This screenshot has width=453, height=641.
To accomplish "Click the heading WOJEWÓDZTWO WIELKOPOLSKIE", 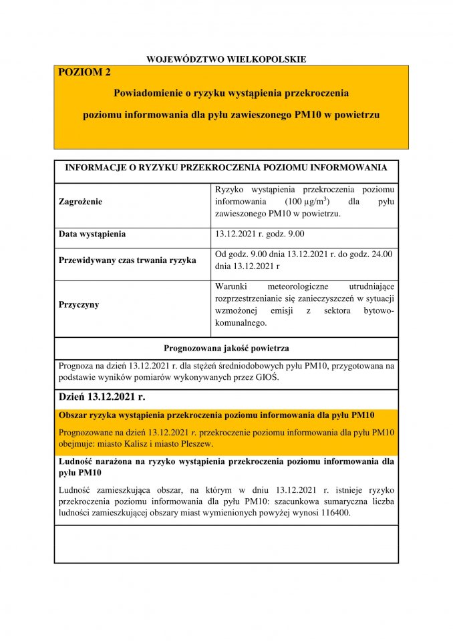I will [x=226, y=59].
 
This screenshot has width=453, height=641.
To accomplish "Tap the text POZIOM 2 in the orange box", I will [x=85, y=73].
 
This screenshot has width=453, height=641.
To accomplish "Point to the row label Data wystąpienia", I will [x=92, y=234].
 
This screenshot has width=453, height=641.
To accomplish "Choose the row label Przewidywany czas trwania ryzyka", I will [x=128, y=260].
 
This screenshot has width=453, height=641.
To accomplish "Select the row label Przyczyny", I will [x=79, y=304].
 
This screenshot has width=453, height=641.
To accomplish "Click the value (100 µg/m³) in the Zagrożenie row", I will [x=306, y=201].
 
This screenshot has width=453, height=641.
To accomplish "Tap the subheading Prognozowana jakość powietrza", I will [x=226, y=348].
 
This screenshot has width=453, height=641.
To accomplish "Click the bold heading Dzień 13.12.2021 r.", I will [x=102, y=397].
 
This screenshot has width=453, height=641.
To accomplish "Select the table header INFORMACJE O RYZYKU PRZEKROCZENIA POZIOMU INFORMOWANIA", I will [x=226, y=167].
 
